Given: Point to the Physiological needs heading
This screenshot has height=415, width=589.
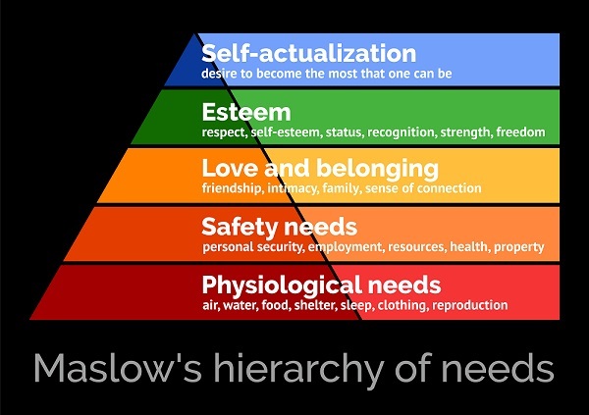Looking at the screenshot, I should point(321,285).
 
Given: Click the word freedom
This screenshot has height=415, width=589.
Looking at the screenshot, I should point(520,130).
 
